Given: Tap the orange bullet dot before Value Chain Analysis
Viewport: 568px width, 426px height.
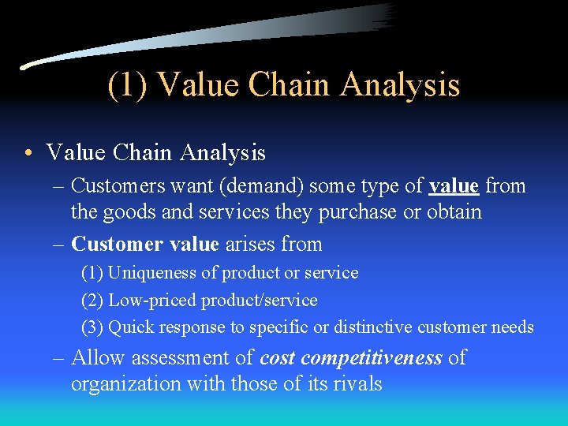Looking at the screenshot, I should (28, 152).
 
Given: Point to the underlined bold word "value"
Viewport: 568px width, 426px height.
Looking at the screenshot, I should (454, 186).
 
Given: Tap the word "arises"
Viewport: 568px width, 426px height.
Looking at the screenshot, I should (251, 245).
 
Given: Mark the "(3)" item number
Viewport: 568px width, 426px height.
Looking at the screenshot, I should (92, 327).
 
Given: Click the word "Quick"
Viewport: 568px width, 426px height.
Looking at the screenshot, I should (129, 327).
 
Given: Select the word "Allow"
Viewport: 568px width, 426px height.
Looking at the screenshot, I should (99, 358).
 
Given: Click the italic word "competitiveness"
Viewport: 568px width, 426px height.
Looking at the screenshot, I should (372, 359).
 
